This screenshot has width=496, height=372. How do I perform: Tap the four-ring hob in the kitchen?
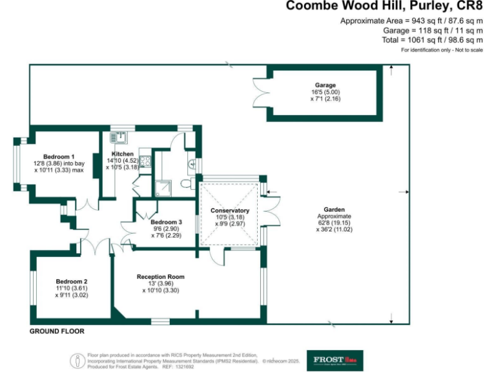click(x=145, y=161)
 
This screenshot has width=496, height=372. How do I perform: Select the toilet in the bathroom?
click(x=186, y=184)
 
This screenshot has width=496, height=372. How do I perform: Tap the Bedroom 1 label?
click(x=59, y=157)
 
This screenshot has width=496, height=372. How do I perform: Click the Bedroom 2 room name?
click(x=71, y=281)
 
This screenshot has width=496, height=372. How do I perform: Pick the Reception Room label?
click(x=160, y=276)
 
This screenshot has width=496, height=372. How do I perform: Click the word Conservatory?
click(x=230, y=211)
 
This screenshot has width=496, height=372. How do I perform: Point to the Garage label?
click(x=325, y=85)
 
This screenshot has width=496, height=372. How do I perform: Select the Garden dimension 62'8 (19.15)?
click(x=335, y=222)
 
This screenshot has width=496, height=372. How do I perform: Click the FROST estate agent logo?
click(x=334, y=360)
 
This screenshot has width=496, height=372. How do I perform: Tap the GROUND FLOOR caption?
click(x=57, y=331)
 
